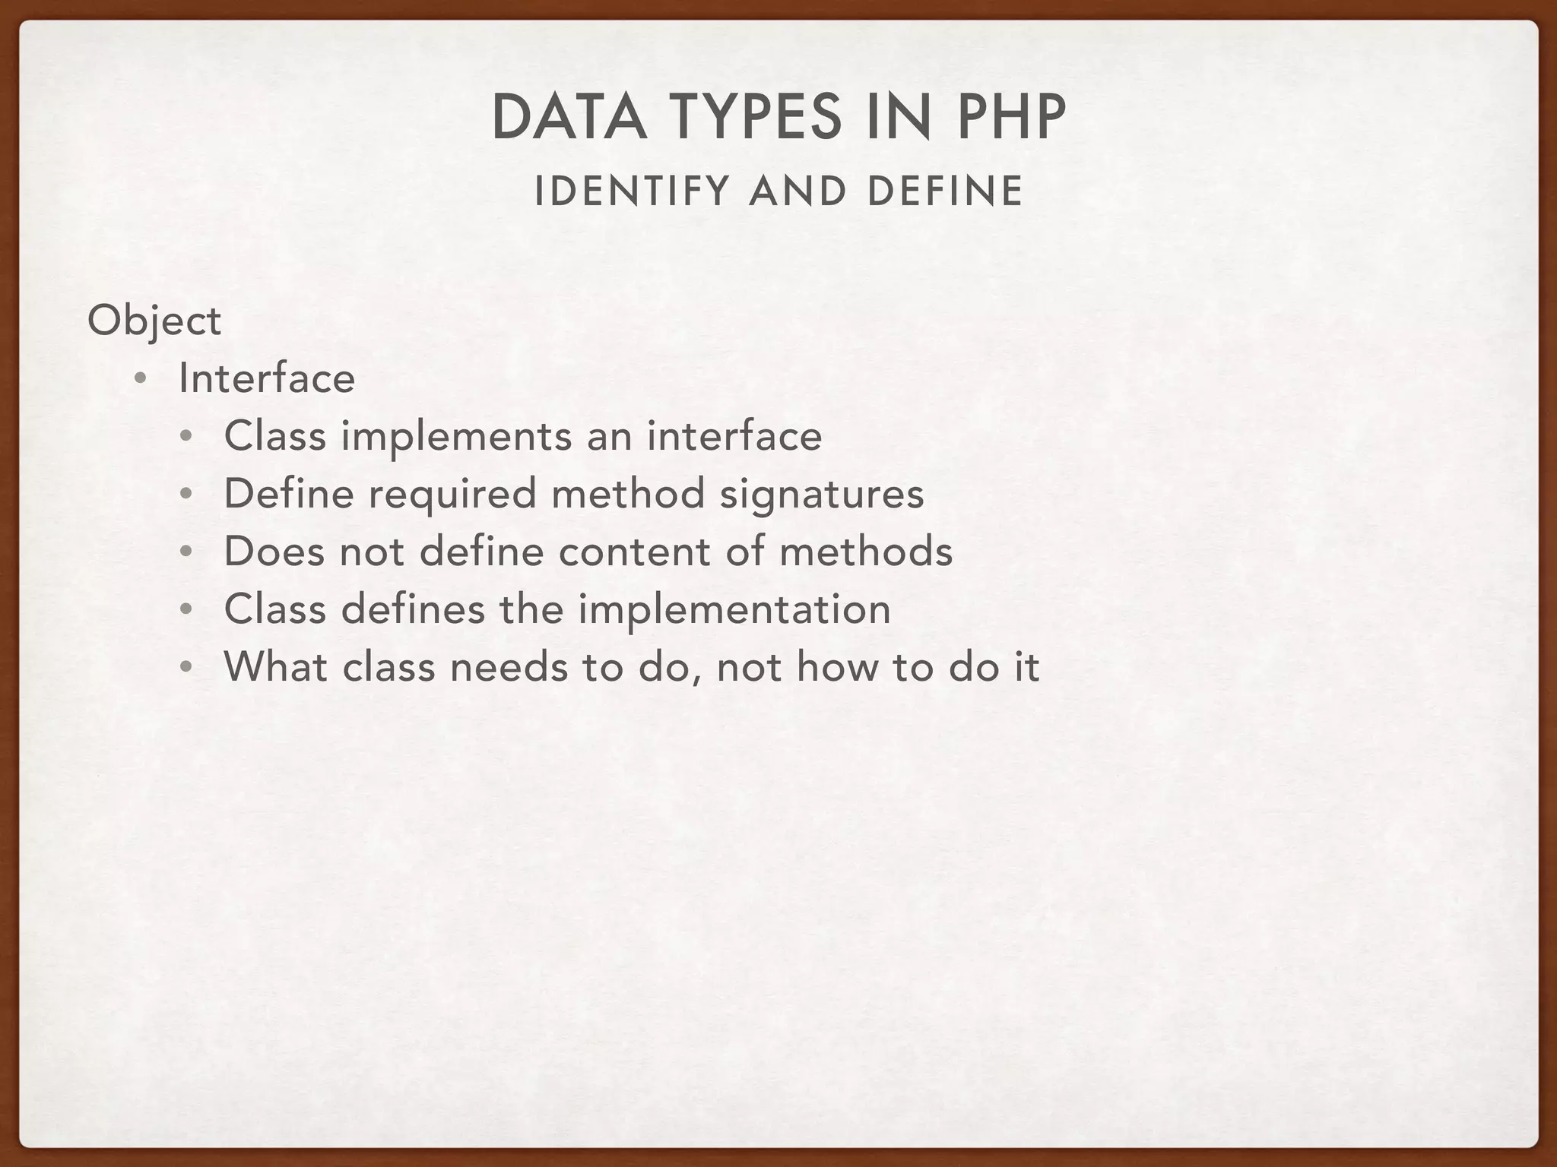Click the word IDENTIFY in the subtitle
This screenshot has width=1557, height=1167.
pos(632,191)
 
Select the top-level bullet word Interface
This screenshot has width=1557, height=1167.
pos(267,378)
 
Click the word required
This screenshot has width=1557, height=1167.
pos(453,494)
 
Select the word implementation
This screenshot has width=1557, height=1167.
pos(734,609)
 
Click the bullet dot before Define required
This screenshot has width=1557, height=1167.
pos(186,495)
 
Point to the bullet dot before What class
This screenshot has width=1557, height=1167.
pos(186,668)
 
